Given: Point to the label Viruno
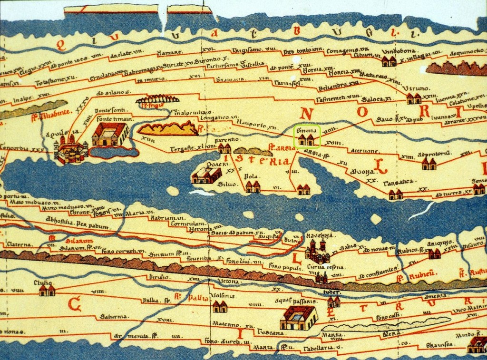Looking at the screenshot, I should click(416, 88).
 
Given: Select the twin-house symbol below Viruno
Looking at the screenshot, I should click(413, 99).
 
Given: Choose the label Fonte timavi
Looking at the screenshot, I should click(113, 118).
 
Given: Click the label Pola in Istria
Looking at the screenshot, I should click(251, 176).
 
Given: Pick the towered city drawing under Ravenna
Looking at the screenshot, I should click(317, 252).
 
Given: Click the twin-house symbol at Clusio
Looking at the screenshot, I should click(47, 290).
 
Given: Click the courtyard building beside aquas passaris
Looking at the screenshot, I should click(298, 318).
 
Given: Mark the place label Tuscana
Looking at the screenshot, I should click(271, 332).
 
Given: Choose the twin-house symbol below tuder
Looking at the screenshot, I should click(333, 302).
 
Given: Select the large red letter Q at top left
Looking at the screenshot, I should click(60, 45).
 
